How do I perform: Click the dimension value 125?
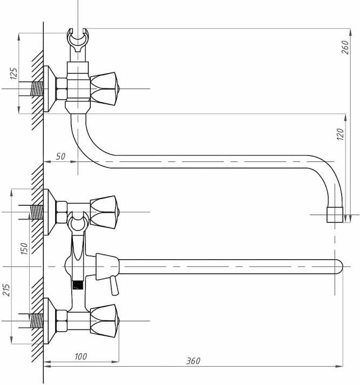14,73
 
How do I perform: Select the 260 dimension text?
345,48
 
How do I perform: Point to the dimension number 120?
341,134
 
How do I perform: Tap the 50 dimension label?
61,157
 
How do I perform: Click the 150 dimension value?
24,248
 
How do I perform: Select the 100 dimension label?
81,356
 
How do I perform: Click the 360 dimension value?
193,361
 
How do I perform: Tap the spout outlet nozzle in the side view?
335,215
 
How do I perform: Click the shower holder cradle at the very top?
78,40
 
